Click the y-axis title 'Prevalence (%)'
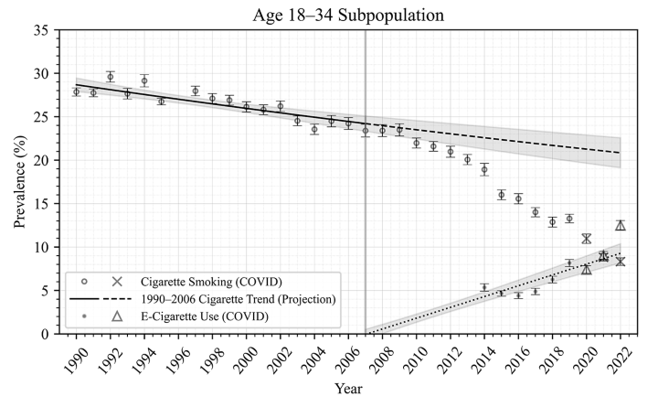(x=20, y=182)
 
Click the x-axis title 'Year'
(x=347, y=389)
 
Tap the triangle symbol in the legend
(x=117, y=316)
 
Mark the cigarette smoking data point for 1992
(x=111, y=77)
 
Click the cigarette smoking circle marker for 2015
(x=501, y=195)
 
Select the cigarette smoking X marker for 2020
(x=587, y=239)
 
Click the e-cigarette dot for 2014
(x=484, y=287)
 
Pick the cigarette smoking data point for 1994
(x=144, y=80)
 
